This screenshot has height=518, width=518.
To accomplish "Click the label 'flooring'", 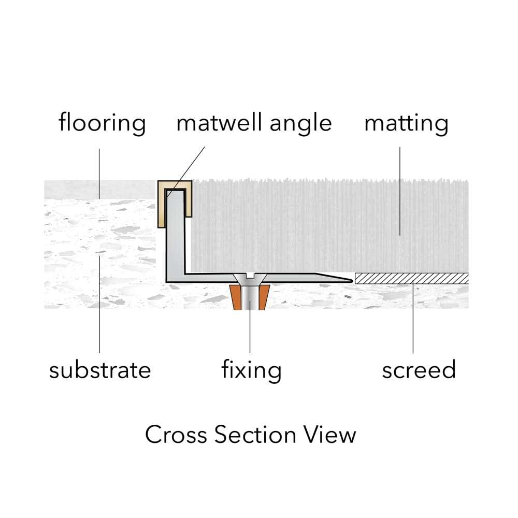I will pyautogui.click(x=102, y=123).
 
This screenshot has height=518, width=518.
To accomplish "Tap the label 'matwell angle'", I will pyautogui.click(x=254, y=123).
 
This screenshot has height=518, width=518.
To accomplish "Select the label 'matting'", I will pyautogui.click(x=406, y=123).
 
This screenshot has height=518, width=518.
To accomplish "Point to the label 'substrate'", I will pyautogui.click(x=100, y=370).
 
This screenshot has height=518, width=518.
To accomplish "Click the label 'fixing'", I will pyautogui.click(x=251, y=370).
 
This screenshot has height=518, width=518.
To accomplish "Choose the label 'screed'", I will pyautogui.click(x=419, y=370).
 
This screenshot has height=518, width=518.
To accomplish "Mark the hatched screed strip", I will pyautogui.click(x=411, y=279).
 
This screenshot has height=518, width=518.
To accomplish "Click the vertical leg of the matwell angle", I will pyautogui.click(x=175, y=233).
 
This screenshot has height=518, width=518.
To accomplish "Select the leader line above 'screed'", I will pyautogui.click(x=413, y=319).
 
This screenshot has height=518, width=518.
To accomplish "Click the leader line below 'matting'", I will pyautogui.click(x=400, y=192).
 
